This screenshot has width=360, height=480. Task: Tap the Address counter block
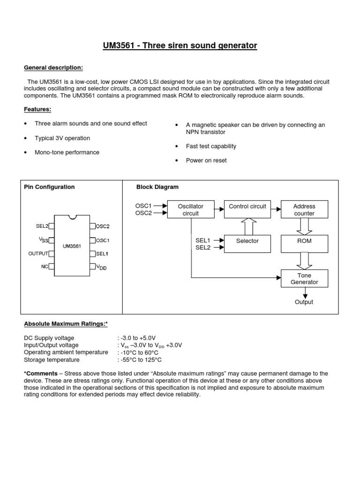click(304, 210)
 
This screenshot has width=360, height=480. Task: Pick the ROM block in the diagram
click(304, 241)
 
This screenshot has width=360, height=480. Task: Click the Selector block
click(247, 241)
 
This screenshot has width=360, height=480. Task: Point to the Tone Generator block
click(304, 278)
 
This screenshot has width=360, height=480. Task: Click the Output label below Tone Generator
click(304, 302)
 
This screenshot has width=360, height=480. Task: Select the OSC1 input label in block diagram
click(143, 206)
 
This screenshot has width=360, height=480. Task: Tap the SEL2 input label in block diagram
click(203, 247)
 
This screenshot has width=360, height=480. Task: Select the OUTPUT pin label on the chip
click(38, 254)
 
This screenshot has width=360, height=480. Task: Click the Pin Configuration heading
click(49, 187)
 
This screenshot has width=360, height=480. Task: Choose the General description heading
click(53, 68)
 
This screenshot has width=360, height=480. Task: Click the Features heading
click(37, 110)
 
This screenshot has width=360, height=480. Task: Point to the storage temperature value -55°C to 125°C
click(141, 360)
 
